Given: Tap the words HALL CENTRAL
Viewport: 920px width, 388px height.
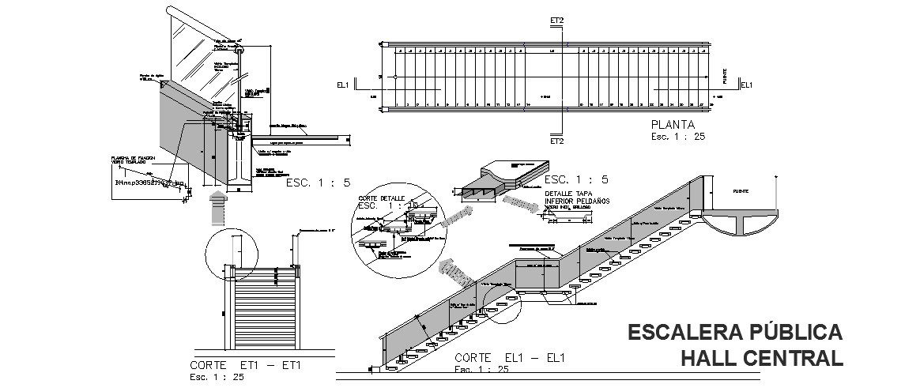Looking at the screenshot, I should click(x=762, y=358).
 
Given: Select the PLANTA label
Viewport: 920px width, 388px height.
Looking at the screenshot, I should click(x=673, y=124).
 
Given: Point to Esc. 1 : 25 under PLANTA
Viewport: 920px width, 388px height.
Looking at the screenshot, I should click(x=677, y=136).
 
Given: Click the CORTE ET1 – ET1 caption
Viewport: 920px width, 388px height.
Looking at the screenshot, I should click(x=246, y=366).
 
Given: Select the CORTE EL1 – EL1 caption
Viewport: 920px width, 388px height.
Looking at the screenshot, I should click(x=510, y=358).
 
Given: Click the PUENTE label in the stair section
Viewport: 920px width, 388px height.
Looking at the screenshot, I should click(x=741, y=192).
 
